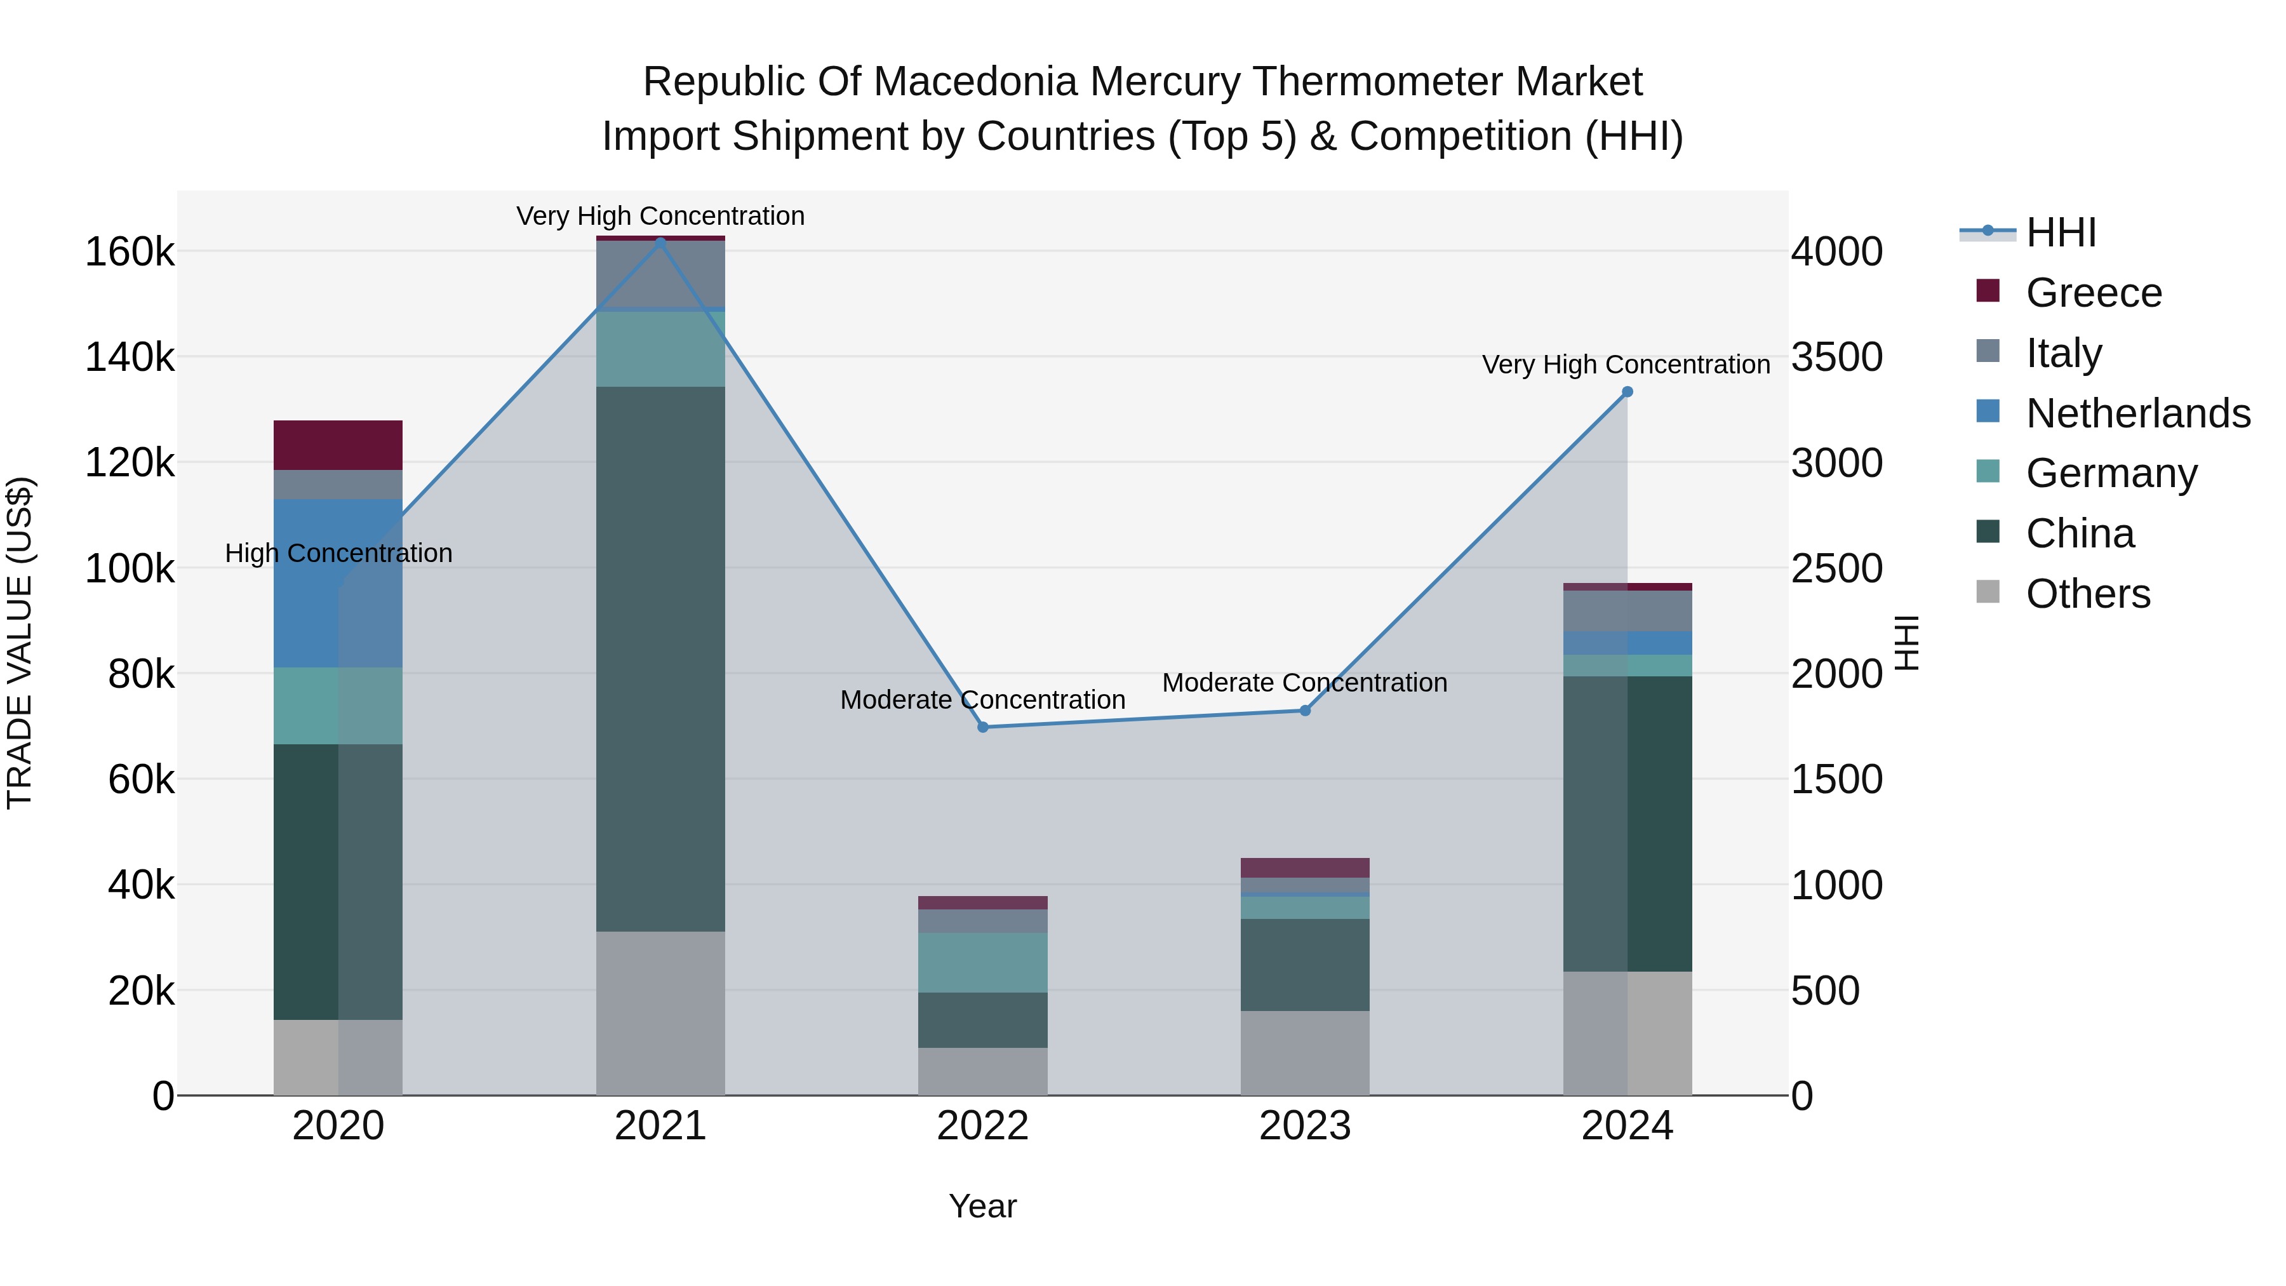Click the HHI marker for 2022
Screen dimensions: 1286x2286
[x=982, y=727]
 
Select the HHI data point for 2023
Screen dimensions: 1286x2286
[x=1304, y=710]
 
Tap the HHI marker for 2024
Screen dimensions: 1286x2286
[x=1627, y=391]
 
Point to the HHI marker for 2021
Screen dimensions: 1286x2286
[x=660, y=241]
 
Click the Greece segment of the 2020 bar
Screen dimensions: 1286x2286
[x=337, y=445]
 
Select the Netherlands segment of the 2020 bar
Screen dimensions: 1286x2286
[x=337, y=582]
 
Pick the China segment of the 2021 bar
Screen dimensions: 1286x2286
[x=660, y=659]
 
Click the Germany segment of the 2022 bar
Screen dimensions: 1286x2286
[x=982, y=962]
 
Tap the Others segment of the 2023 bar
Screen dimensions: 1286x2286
[x=1304, y=1052]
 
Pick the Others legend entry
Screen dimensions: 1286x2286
[x=2087, y=594]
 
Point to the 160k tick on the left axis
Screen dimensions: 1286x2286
[x=130, y=252]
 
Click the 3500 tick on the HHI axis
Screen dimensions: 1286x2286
[x=1836, y=357]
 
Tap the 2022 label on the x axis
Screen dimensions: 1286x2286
[x=982, y=1126]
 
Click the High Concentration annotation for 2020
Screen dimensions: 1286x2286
[x=338, y=553]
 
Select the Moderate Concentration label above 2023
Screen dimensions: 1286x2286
[x=1304, y=683]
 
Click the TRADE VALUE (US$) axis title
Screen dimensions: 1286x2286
[x=20, y=643]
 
